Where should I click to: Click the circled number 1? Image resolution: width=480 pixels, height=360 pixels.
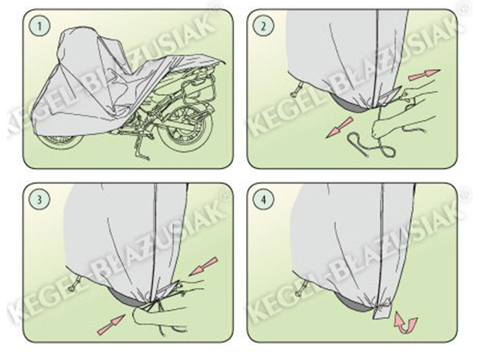pos(39,26)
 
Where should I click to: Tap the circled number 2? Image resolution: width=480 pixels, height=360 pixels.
pos(263,26)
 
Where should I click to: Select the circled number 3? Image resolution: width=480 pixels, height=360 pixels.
pos(39,200)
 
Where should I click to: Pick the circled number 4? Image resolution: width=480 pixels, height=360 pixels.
pos(263,200)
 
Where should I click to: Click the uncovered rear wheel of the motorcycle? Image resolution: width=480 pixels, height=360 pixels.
pos(186,127)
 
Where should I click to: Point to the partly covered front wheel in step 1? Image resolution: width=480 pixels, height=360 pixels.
pos(61,141)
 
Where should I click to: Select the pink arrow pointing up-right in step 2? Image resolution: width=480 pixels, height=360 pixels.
pos(424,75)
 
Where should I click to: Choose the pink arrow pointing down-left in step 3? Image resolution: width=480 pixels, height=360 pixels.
pos(203,265)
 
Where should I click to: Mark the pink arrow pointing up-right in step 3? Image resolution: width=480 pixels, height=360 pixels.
pos(111,324)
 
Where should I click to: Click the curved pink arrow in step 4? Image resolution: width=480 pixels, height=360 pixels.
pos(405,322)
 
